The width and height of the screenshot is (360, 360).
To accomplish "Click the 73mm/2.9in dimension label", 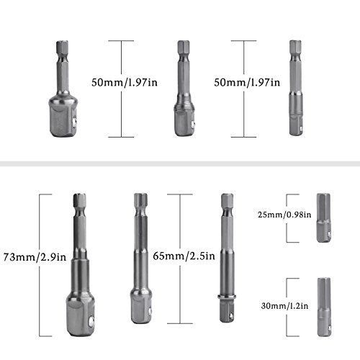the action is pyautogui.click(x=35, y=257).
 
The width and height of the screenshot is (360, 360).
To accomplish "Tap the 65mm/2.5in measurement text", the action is pyautogui.click(x=184, y=256).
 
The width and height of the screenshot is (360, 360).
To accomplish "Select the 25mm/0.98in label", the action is pyautogui.click(x=284, y=215).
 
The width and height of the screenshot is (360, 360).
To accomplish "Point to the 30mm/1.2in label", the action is pyautogui.click(x=284, y=306).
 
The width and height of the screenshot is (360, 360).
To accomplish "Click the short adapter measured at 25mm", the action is pyautogui.click(x=323, y=217).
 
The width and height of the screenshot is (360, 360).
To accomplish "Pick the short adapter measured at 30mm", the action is pyautogui.click(x=324, y=307).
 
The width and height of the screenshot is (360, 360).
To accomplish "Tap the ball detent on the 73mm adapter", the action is pyautogui.click(x=91, y=321).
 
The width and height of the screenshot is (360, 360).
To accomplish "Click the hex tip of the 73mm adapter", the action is pyautogui.click(x=80, y=200).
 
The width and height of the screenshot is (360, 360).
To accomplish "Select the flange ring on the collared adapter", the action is pyautogui.click(x=228, y=297).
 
